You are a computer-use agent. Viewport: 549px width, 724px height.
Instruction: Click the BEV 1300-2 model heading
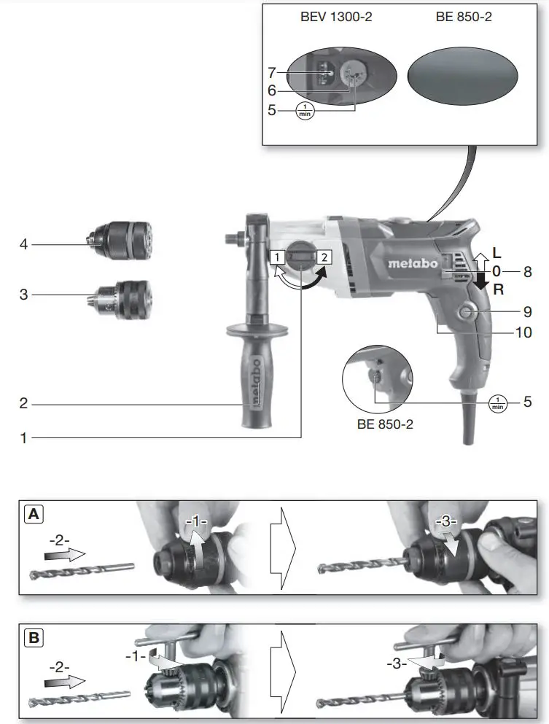(x=336, y=16)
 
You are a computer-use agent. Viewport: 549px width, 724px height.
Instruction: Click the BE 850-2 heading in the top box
(x=464, y=16)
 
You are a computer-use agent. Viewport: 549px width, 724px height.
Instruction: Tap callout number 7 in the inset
(x=271, y=73)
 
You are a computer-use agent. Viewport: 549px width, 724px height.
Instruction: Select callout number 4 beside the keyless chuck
(x=23, y=244)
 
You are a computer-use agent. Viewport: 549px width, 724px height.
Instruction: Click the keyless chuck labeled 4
(x=122, y=238)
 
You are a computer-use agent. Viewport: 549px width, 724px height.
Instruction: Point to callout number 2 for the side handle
(x=23, y=402)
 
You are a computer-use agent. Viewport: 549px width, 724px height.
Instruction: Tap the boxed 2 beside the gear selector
(x=324, y=256)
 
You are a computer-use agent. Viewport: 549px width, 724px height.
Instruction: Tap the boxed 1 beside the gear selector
(x=277, y=257)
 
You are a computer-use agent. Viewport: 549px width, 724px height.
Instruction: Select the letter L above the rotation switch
(x=497, y=253)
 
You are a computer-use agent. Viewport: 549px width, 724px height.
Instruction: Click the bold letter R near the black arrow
(x=498, y=289)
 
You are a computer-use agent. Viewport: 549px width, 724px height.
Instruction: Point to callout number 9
(x=527, y=311)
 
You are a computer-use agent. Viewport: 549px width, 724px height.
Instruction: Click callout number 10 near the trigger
(x=523, y=332)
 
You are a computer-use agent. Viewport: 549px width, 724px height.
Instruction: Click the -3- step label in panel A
(x=445, y=522)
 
